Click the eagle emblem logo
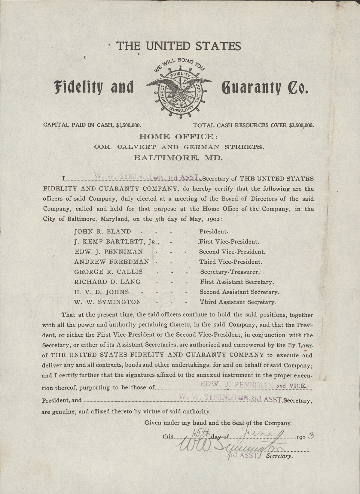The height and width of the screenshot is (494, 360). point(179,88)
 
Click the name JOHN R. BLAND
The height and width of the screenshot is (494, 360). point(102,232)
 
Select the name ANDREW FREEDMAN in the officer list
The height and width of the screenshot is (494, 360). point(111,262)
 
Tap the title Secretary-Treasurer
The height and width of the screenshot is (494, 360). point(230,272)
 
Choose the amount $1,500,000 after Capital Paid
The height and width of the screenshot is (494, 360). point(129,125)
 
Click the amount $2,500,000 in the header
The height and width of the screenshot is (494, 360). point(301,125)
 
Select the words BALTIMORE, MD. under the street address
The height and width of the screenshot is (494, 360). point(178,157)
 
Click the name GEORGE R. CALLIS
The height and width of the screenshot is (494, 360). point(108,272)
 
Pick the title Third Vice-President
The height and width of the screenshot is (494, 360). point(230,262)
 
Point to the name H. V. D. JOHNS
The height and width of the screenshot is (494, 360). point(101,292)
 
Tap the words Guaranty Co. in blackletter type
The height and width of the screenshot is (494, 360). point(264,88)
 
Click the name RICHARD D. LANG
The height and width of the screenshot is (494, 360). point(107,282)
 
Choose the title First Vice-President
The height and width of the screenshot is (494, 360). point(229,241)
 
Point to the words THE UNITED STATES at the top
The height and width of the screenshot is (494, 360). point(178,46)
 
